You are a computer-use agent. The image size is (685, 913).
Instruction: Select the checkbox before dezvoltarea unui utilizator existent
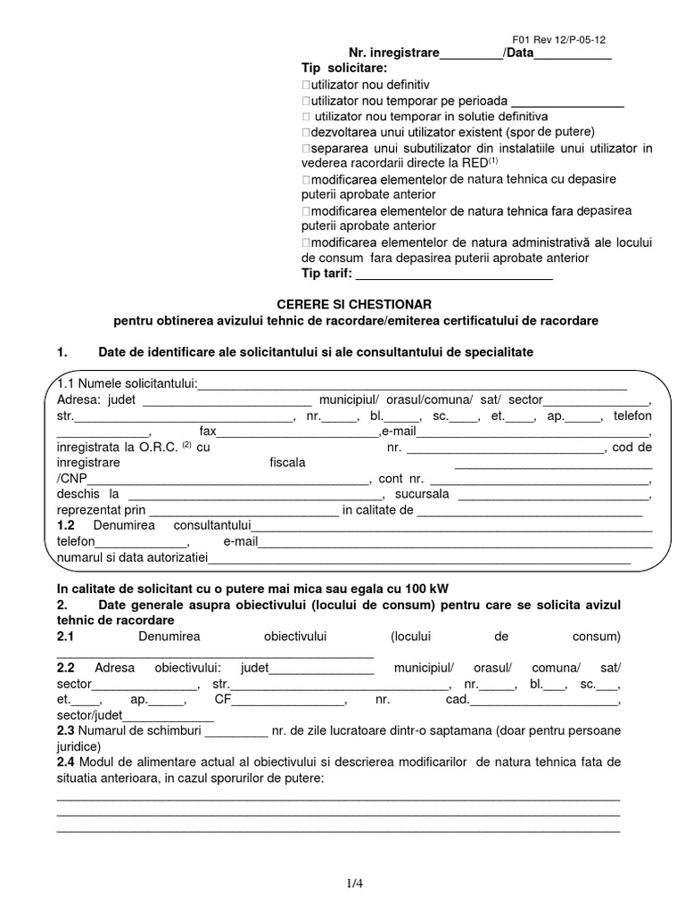point(306,133)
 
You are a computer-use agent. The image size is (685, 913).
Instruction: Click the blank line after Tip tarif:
point(455,274)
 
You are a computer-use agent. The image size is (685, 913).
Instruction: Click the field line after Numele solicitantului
point(411,384)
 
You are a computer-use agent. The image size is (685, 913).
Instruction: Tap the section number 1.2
point(65,526)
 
